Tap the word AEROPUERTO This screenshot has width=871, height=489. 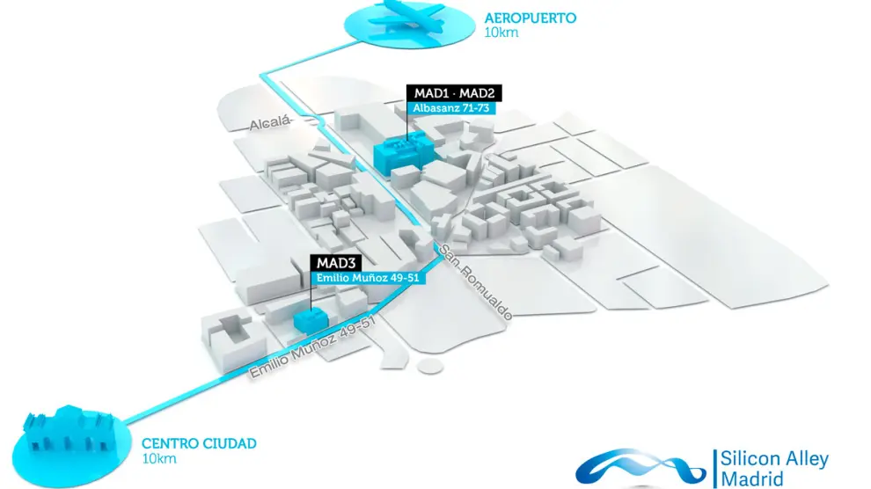click(530, 18)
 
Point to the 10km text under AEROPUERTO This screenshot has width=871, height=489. click(501, 33)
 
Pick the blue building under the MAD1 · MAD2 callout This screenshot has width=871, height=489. click(403, 152)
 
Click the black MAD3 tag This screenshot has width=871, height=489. click(333, 263)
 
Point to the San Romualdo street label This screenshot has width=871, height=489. click(476, 280)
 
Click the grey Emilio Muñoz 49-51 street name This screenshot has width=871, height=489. click(312, 349)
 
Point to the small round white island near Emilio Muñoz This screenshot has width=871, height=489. click(430, 365)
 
